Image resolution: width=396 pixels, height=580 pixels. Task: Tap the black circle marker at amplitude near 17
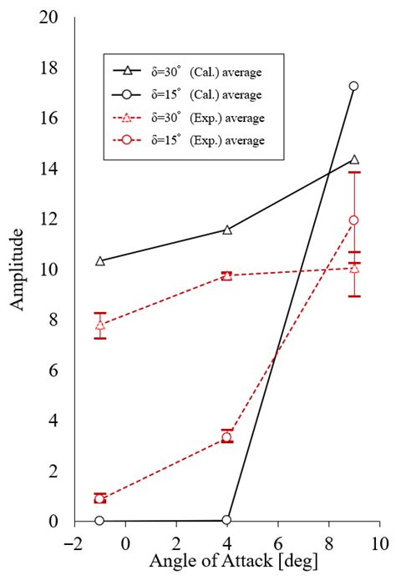point(353,86)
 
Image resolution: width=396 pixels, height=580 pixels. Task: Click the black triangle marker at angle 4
point(226,229)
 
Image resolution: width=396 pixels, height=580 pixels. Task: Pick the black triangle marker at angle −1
point(100,261)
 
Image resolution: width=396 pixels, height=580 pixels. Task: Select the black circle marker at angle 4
point(226,520)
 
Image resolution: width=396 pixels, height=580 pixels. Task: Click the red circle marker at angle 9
point(353,220)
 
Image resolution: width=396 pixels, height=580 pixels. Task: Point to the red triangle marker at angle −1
point(100,325)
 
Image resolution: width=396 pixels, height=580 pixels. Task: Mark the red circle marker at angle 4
point(226,437)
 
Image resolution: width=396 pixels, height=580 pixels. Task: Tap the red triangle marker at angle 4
point(226,275)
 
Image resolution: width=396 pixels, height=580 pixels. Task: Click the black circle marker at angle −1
point(100,521)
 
